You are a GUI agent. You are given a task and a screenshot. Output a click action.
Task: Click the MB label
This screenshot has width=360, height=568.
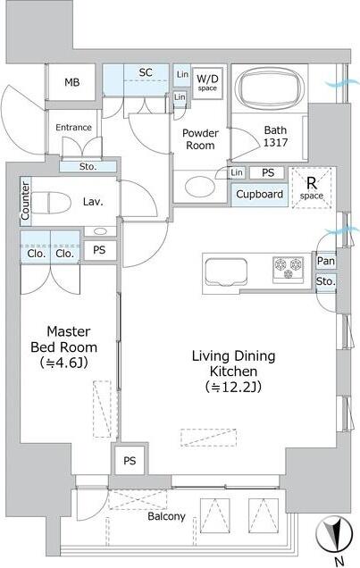[72, 82]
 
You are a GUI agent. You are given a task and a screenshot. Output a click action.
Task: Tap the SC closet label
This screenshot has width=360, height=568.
[146, 72]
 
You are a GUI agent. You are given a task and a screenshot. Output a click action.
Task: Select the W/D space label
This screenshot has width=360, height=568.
[207, 82]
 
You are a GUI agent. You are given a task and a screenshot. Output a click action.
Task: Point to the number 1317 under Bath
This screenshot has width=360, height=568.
[275, 146]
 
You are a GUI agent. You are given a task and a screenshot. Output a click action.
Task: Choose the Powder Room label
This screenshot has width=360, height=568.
[200, 138]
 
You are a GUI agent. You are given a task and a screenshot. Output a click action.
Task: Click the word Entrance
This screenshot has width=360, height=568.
[73, 127]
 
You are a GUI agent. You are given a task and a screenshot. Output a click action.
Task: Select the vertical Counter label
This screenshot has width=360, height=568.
[25, 202]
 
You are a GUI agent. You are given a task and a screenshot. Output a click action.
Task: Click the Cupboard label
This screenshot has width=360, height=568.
[260, 194]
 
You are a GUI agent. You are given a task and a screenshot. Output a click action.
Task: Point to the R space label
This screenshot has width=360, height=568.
[311, 187]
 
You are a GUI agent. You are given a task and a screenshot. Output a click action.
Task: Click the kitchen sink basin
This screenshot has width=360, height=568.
[230, 269]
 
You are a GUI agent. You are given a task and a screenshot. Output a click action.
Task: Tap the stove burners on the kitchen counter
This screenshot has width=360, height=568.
[288, 268]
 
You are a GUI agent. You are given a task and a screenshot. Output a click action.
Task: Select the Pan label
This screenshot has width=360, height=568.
[326, 261]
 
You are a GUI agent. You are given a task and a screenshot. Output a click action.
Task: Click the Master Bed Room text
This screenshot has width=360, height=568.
[63, 338]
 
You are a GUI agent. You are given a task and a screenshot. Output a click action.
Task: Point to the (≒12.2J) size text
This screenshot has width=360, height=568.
[234, 387]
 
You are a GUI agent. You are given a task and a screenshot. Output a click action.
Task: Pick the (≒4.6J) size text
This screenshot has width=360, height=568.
[63, 363]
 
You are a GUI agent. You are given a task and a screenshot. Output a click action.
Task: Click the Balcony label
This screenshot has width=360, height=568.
[166, 516]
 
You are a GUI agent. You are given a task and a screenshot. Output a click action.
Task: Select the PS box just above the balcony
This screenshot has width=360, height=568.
[130, 461]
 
